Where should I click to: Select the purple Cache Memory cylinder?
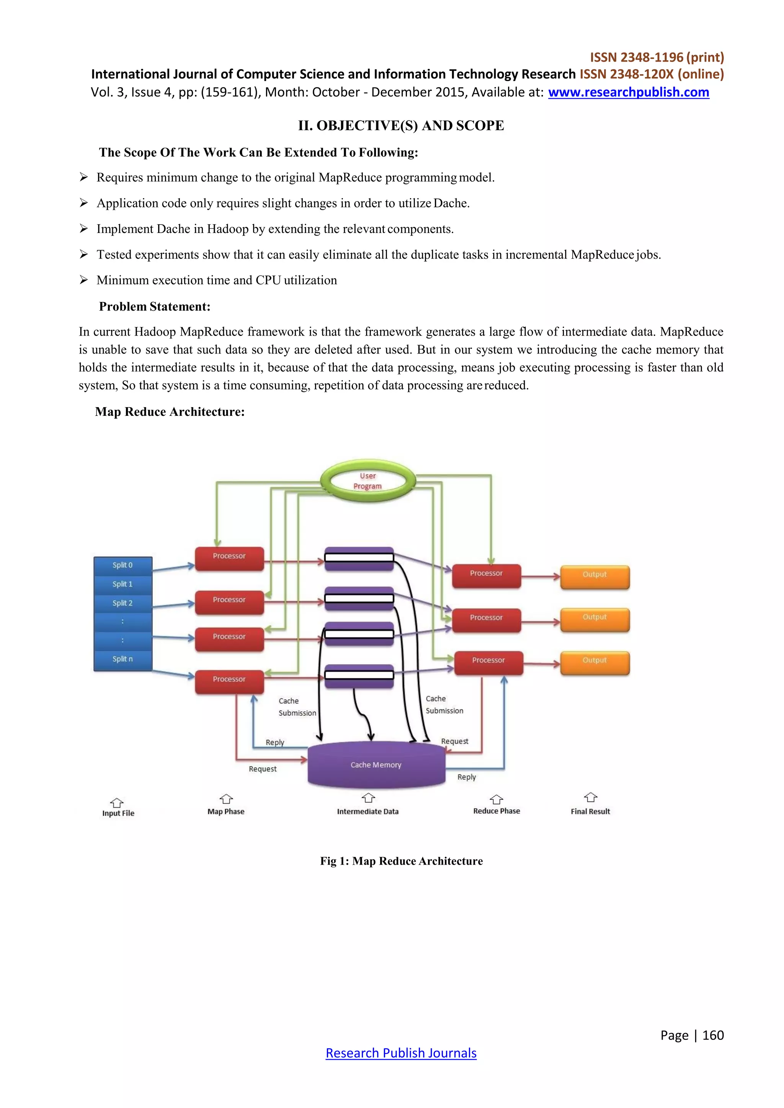[376, 765]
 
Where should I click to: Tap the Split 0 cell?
[122, 565]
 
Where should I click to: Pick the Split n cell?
[122, 659]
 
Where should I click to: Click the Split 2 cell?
[122, 603]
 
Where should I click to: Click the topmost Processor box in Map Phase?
[229, 558]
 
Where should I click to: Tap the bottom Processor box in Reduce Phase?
[488, 663]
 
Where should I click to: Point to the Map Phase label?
[226, 812]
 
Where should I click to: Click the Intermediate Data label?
[368, 812]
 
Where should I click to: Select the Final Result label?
[590, 812]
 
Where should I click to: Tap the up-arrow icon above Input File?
[117, 803]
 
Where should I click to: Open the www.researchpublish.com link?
[629, 92]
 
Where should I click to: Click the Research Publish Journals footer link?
[401, 1053]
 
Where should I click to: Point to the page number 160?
[713, 1035]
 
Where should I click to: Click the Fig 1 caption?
[401, 861]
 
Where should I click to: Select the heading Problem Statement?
[155, 306]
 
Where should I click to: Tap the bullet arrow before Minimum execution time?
[84, 280]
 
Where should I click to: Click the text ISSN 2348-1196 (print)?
[657, 57]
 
